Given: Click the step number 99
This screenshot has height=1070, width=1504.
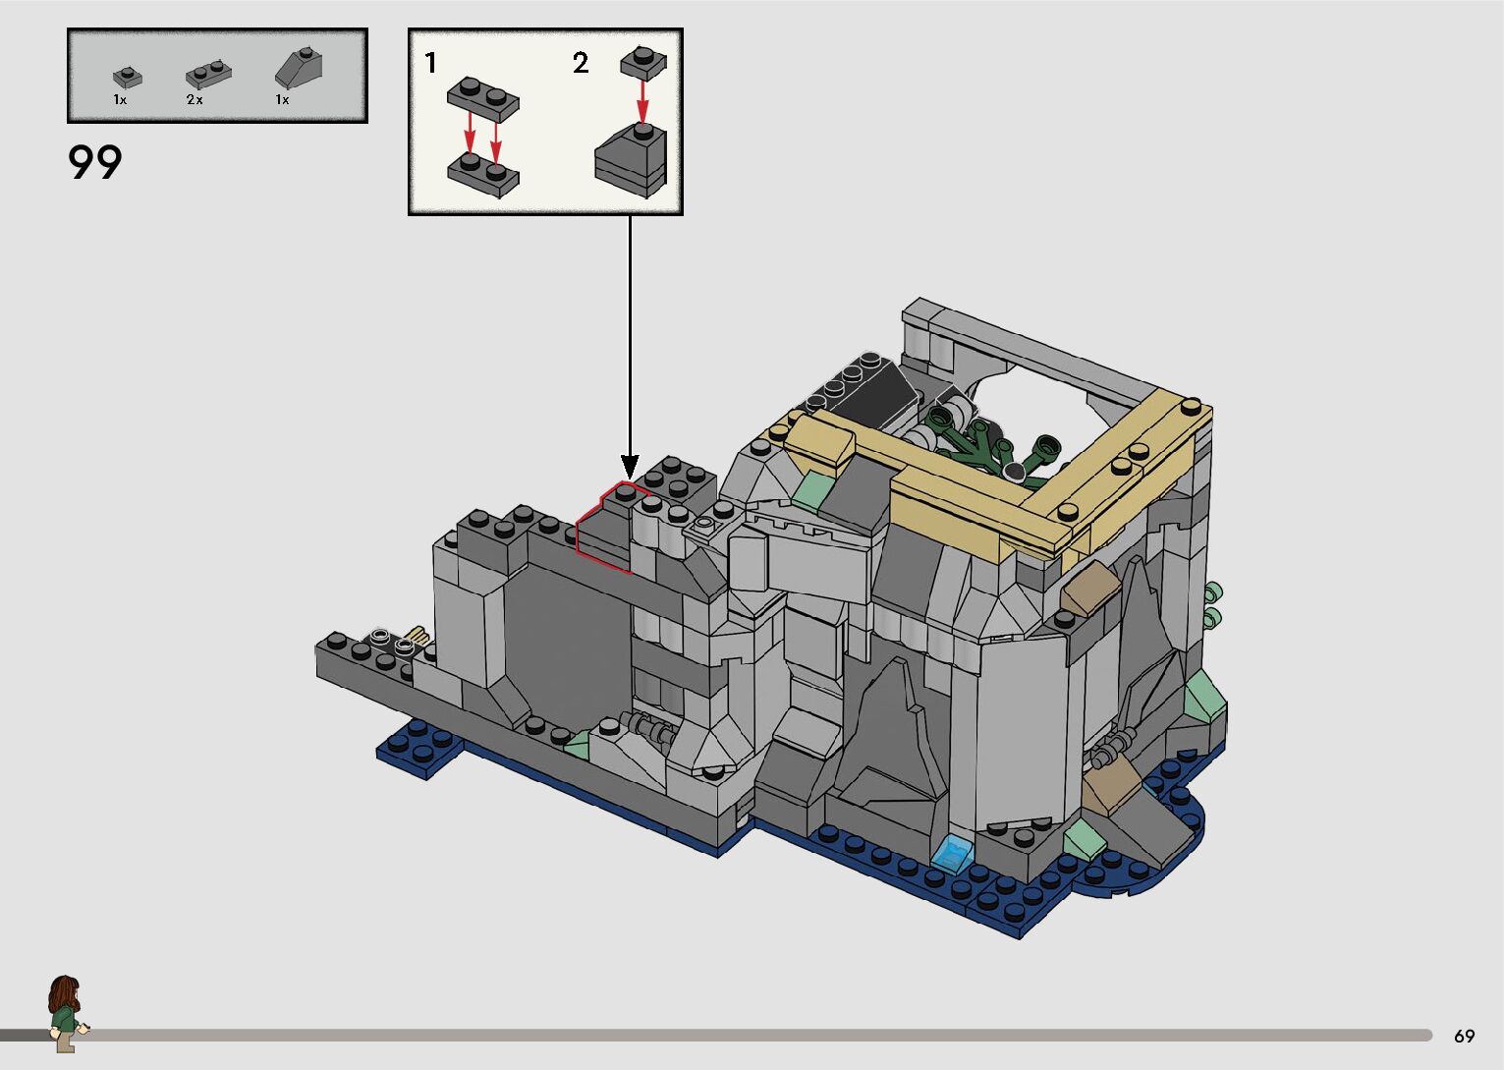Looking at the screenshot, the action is pos(94,162).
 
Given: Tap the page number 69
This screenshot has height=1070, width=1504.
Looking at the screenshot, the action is pos(1465,1036).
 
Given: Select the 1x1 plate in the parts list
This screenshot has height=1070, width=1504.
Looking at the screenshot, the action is pos(128,78).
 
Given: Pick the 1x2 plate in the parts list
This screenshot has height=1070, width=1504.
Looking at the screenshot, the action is pos(209,75).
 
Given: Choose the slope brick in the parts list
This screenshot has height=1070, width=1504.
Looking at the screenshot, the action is pos(299,69).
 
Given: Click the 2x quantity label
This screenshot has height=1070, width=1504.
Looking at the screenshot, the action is pos(195,100).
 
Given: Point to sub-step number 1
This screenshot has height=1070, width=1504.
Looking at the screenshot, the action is pos(430,63).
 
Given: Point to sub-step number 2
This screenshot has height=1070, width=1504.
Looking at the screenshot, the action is pos(581,63).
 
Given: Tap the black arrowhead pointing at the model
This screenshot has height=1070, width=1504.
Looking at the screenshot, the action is pos(630,467).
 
